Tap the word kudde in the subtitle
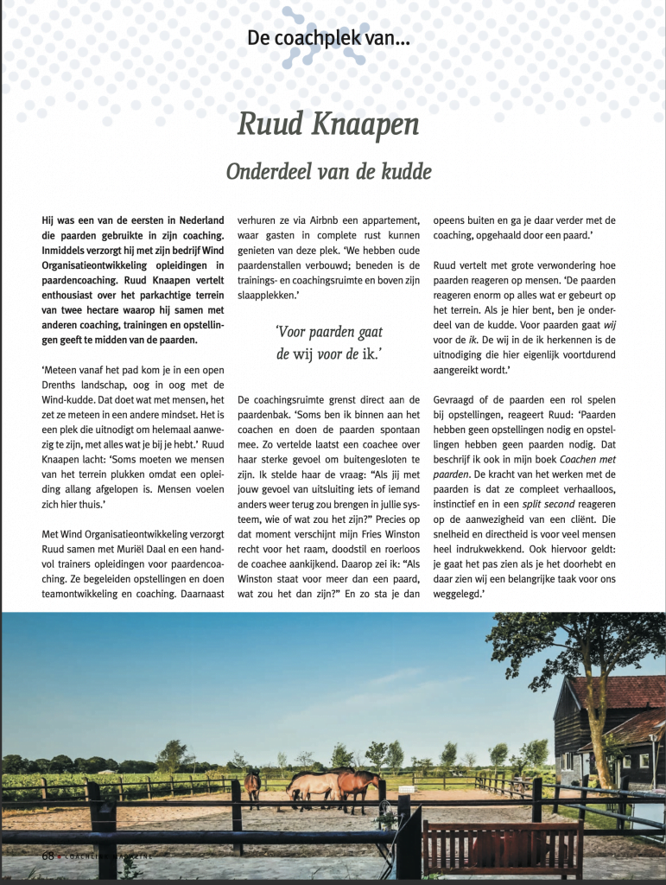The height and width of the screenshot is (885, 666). pyautogui.click(x=402, y=171)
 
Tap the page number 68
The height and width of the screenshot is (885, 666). pyautogui.click(x=49, y=855)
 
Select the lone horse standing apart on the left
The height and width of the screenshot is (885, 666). pyautogui.click(x=253, y=786)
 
